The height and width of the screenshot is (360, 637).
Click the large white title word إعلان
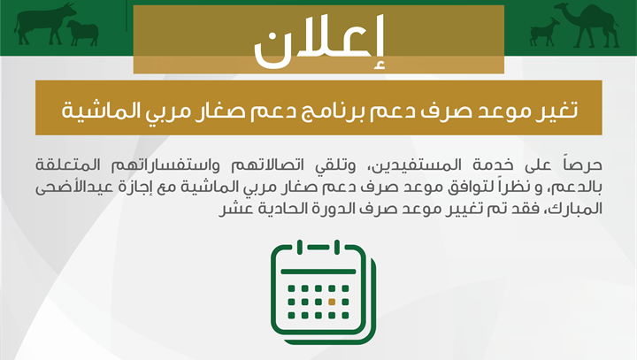(318, 42)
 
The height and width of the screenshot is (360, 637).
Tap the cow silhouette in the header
(45, 24)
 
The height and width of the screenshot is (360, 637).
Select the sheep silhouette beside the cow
(83, 33)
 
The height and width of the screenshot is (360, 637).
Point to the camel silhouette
(588, 25)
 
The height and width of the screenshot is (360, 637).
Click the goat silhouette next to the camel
(544, 32)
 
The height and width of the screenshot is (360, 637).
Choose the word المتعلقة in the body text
(68, 165)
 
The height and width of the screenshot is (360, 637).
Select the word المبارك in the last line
(576, 209)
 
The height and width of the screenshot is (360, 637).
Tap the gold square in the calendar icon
(332, 302)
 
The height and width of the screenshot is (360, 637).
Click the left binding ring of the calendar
(300, 247)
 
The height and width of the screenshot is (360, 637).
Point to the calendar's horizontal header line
(318, 272)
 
